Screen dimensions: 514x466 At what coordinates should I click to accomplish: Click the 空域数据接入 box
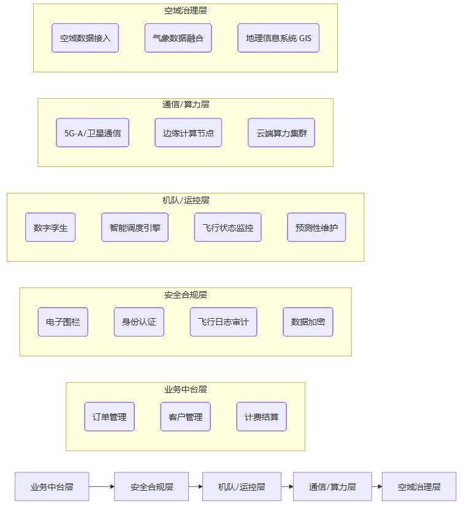point(85,38)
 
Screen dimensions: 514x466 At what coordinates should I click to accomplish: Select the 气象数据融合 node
point(178,38)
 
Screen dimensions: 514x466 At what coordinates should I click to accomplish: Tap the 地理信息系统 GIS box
point(278,38)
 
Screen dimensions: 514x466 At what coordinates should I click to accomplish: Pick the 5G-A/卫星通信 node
point(93,133)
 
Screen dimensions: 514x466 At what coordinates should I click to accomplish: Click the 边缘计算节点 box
point(188,133)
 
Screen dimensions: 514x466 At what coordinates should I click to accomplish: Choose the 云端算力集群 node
point(281,133)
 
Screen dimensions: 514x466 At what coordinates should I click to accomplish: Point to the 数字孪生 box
point(50,227)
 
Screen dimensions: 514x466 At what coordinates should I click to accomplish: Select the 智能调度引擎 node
point(135,227)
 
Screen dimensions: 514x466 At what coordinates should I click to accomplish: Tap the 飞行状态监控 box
point(227,227)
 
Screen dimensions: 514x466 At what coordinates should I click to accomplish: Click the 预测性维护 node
point(316,227)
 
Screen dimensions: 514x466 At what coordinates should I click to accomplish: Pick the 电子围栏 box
point(63,322)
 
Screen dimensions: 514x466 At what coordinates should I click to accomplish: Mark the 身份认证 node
point(139,322)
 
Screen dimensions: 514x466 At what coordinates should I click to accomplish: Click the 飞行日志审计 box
point(223,322)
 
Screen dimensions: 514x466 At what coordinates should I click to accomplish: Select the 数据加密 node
point(308,322)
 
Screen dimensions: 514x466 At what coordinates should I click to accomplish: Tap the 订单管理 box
point(110,416)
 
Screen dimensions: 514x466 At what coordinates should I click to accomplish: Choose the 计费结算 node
point(262,416)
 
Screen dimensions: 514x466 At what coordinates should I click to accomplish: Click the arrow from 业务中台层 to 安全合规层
point(102,486)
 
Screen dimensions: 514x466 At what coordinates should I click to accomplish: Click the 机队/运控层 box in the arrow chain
point(242,486)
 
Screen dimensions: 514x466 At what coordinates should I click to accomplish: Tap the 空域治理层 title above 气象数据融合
point(185,10)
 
